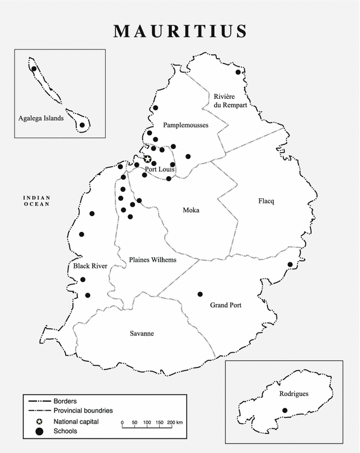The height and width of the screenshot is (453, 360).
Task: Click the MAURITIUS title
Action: [x=180, y=30]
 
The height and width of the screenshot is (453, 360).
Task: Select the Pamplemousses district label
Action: [x=185, y=125]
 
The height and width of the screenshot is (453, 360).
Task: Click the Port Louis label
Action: [x=160, y=170]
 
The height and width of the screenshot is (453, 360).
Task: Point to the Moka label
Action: [x=191, y=210]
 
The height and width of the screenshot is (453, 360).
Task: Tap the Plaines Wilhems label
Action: [x=153, y=260]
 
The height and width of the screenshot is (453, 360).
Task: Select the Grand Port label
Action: [x=226, y=305]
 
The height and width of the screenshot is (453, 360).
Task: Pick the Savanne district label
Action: [x=141, y=334]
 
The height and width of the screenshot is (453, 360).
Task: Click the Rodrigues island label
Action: [x=293, y=393]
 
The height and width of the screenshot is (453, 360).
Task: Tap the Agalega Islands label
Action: [x=41, y=118]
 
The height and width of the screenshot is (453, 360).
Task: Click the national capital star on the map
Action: [x=148, y=160]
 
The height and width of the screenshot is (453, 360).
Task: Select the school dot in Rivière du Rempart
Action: [x=238, y=72]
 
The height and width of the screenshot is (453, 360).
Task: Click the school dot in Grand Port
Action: [x=200, y=294]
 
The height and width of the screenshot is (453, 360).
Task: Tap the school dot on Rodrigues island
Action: [x=285, y=411]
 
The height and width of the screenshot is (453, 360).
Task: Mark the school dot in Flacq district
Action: [x=290, y=264]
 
